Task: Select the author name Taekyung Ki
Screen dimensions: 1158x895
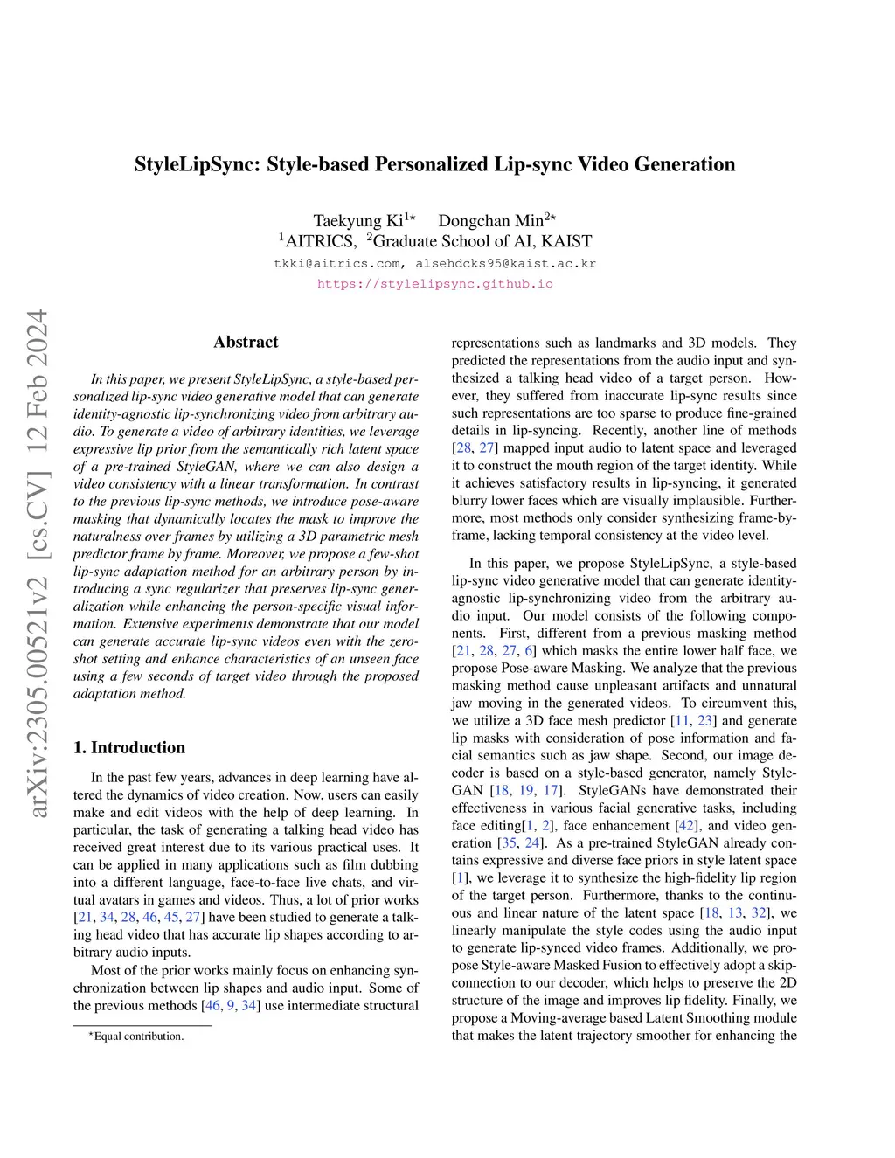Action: pyautogui.click(x=358, y=221)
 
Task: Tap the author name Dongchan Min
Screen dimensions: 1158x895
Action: pyautogui.click(x=490, y=221)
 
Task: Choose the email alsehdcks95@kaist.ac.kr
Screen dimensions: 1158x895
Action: pyautogui.click(x=506, y=263)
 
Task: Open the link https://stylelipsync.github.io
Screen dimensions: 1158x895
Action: pyautogui.click(x=434, y=284)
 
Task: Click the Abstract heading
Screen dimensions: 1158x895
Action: pyautogui.click(x=246, y=342)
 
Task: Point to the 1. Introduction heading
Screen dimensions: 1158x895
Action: pyautogui.click(x=129, y=747)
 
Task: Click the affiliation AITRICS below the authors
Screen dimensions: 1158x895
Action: pyautogui.click(x=321, y=241)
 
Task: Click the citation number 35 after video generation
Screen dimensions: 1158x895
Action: pyautogui.click(x=507, y=842)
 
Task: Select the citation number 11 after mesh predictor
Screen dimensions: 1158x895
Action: pyautogui.click(x=680, y=720)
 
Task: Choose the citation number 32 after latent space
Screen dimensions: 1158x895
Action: pyautogui.click(x=759, y=912)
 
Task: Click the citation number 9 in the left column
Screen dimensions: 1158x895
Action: pyautogui.click(x=231, y=1005)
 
